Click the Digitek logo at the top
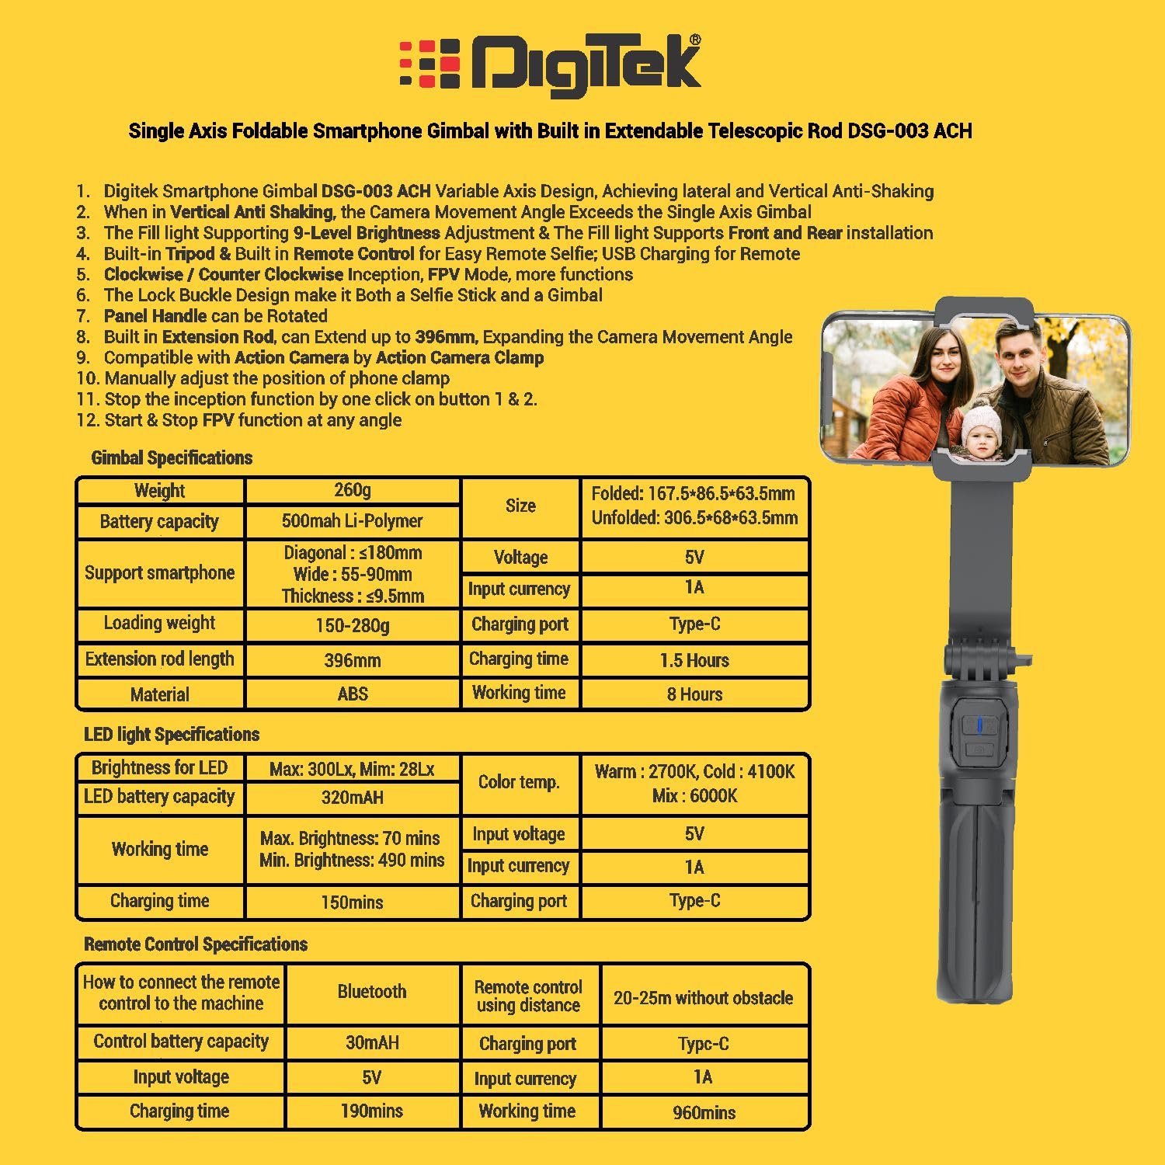550,65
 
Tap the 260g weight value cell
353,490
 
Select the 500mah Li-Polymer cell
353,521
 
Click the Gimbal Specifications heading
172,457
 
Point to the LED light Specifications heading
172,734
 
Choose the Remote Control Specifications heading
196,944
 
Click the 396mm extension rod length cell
353,660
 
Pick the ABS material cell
353,694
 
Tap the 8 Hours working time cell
694,694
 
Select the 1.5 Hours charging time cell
694,660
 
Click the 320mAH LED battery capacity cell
353,798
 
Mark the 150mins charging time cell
353,902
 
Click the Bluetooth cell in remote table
372,992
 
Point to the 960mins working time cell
704,1112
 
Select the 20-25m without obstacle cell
704,998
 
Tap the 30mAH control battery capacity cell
372,1042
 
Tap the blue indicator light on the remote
979,725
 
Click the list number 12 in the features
88,420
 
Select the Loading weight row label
160,623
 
